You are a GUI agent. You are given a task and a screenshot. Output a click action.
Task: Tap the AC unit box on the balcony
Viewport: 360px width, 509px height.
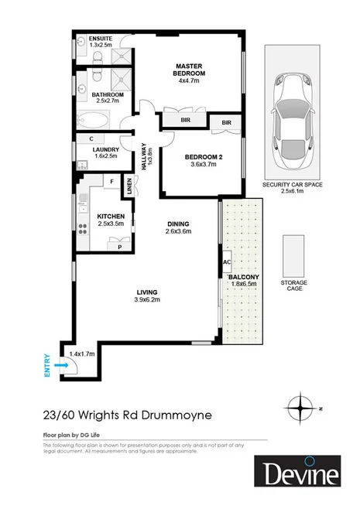pos(226,261)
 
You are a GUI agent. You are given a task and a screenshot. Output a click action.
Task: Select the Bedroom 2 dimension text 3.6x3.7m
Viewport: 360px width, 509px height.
pos(205,165)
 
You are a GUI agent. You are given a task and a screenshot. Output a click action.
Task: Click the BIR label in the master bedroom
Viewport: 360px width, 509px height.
pos(186,121)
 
